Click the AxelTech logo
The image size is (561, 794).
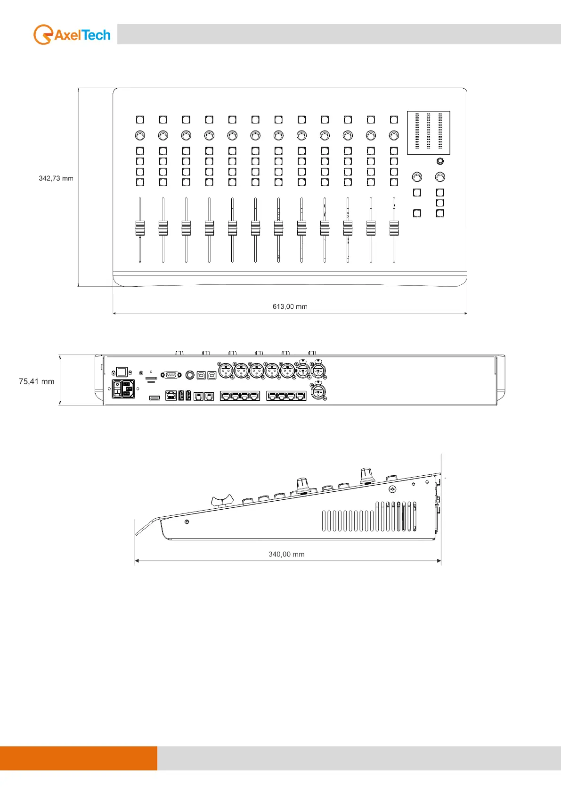click(72, 35)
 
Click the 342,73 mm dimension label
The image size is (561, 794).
click(56, 178)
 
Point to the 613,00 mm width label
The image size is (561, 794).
click(290, 306)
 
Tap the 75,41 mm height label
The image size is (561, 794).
click(37, 381)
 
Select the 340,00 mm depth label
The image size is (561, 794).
click(286, 554)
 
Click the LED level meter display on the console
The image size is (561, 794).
click(428, 132)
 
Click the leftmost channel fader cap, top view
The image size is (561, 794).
click(140, 228)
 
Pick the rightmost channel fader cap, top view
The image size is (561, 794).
click(394, 228)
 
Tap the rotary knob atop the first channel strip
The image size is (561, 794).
click(140, 135)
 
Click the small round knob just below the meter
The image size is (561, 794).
click(440, 161)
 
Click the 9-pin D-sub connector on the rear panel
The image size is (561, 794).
click(171, 375)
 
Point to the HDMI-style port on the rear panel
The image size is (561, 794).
click(154, 398)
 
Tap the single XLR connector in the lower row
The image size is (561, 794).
click(318, 391)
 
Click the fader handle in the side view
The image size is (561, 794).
click(222, 500)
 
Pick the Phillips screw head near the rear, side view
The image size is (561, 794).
click(392, 489)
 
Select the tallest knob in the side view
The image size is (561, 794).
click(366, 474)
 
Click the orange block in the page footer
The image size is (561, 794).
click(78, 758)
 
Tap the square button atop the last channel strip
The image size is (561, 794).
click(394, 120)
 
